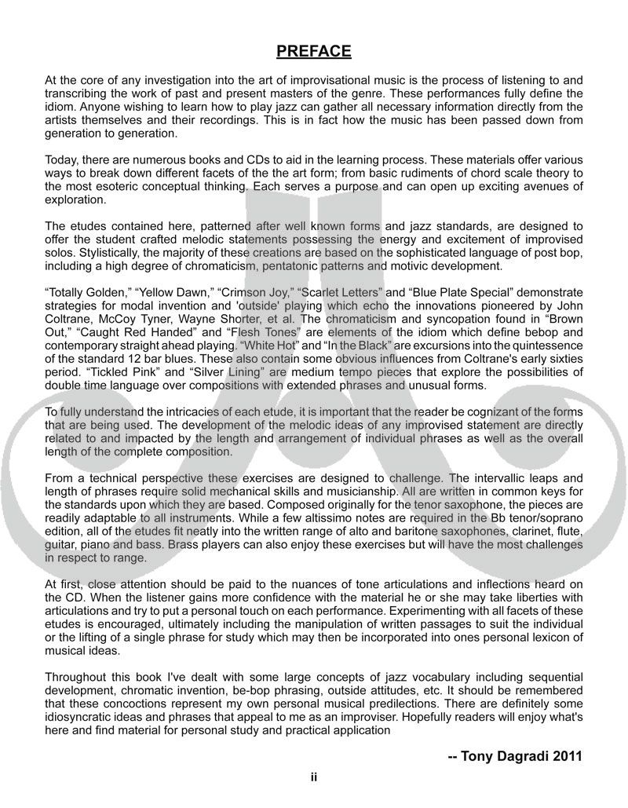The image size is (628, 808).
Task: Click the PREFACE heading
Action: tap(313, 52)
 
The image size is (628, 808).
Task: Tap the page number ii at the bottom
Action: tap(313, 777)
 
